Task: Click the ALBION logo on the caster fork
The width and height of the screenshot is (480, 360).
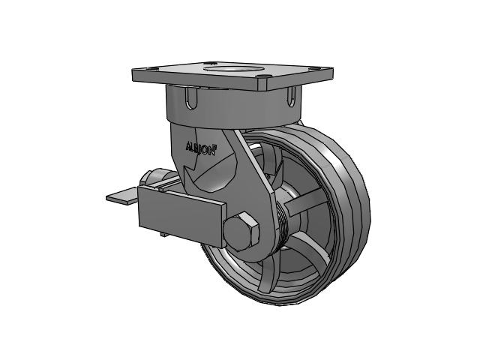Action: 200,148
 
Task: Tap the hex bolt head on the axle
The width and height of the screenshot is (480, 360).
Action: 241,230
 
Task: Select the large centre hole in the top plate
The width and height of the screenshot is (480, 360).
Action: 234,67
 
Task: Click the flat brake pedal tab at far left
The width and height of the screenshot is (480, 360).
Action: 121,196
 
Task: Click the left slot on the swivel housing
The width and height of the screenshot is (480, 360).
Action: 191,97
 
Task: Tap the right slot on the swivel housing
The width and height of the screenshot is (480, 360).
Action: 292,97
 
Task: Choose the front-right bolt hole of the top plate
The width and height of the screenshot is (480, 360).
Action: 262,76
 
